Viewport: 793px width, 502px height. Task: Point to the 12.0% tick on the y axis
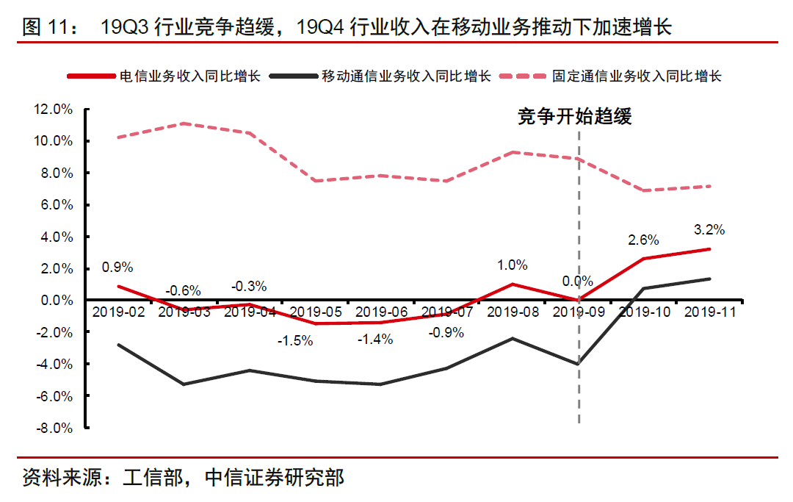click(53, 110)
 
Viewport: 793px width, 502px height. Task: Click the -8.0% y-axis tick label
click(53, 428)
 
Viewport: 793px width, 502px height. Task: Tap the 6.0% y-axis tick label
click(54, 205)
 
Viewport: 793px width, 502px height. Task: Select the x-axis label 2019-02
click(118, 312)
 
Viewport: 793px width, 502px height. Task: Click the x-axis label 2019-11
click(710, 312)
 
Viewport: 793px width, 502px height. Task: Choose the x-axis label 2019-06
click(381, 312)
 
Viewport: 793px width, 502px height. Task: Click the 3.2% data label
click(709, 229)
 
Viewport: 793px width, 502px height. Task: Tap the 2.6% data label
click(643, 240)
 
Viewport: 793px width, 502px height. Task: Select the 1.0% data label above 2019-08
click(513, 265)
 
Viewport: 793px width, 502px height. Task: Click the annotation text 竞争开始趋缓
click(574, 117)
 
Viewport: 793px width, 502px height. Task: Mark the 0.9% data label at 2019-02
click(118, 268)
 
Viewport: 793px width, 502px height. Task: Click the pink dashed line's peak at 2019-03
click(184, 123)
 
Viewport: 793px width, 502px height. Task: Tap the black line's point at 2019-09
click(579, 364)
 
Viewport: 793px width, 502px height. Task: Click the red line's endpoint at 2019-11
click(710, 249)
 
